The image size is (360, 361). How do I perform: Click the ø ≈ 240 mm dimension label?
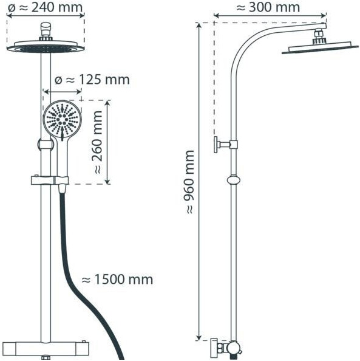45,7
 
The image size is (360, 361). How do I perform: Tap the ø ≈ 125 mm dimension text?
92,80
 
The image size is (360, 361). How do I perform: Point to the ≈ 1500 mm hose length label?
117,280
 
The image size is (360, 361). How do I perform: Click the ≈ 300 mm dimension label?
268,7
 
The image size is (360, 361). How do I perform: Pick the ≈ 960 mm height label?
190,182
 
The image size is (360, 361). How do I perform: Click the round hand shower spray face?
62,119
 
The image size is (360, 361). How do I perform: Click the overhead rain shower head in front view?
46,47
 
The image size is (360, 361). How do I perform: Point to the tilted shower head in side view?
320,48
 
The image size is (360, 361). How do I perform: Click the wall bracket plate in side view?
216,145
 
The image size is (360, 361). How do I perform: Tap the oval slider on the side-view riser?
234,180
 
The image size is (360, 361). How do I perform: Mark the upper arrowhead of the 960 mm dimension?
199,26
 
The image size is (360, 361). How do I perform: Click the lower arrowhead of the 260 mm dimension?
107,182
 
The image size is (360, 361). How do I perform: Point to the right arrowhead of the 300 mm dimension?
324,15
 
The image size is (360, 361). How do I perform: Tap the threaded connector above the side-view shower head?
319,36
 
